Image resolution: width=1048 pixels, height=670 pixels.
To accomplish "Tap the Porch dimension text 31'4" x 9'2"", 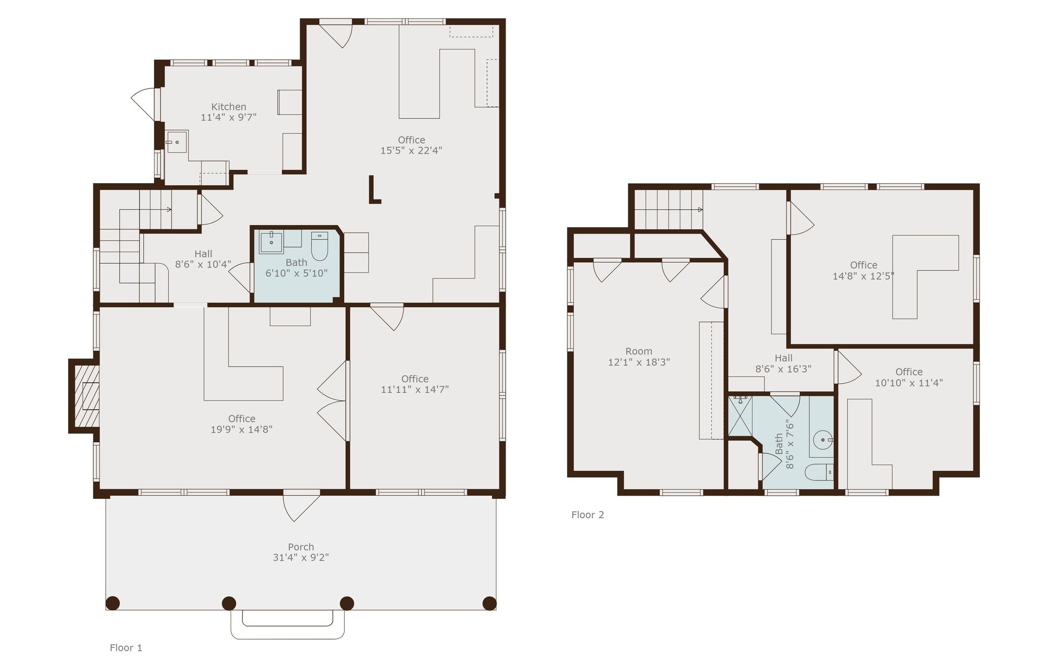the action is point(301,557).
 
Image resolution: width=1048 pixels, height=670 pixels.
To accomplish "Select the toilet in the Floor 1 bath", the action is point(319,245).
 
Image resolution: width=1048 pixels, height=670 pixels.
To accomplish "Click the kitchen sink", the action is point(177,141).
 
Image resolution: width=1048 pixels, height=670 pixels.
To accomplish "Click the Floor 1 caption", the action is point(126,647).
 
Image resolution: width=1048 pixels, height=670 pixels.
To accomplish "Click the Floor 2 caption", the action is point(587,515).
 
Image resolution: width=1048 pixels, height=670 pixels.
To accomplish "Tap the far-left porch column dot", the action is point(113,603).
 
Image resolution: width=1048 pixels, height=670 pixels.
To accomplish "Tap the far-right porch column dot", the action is point(489,603).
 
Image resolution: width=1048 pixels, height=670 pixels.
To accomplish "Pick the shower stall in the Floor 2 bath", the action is point(740,417).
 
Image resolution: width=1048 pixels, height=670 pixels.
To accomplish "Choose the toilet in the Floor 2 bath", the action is point(818,472).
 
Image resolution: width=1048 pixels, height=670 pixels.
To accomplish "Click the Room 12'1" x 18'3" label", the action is point(639,356).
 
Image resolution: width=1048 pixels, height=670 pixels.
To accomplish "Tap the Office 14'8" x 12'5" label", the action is point(864,270).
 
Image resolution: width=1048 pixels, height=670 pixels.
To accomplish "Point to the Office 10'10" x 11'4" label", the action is point(909,377).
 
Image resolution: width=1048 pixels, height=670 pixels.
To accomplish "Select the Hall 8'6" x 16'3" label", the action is point(783,363).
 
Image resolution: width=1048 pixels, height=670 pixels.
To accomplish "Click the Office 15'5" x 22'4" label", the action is point(411,145).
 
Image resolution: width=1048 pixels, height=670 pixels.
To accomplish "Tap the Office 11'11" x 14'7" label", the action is point(415,384).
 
